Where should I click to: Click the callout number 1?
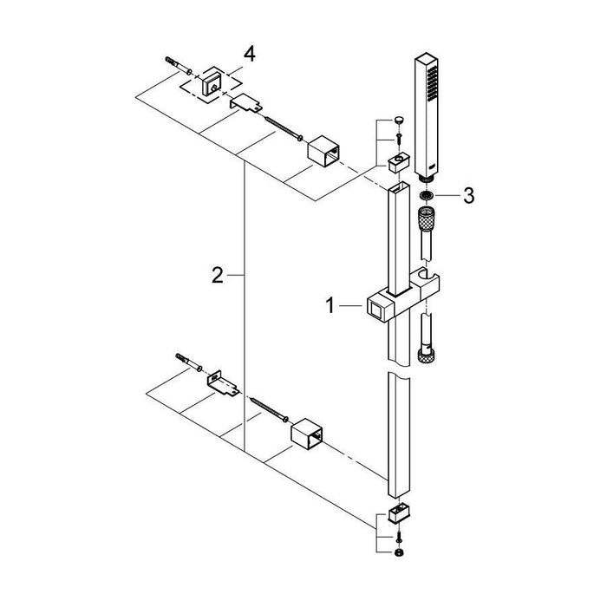click(330, 306)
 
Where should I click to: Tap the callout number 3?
click(468, 196)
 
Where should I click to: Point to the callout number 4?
click(249, 54)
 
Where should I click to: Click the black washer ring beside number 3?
click(426, 195)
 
